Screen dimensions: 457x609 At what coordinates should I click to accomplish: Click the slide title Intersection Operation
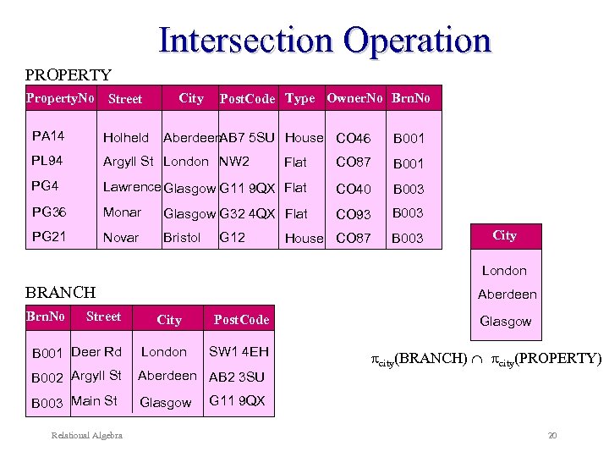pos(325,40)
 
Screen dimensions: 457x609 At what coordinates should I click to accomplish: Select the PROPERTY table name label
pos(69,75)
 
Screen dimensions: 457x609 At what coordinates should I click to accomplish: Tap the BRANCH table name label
pos(61,292)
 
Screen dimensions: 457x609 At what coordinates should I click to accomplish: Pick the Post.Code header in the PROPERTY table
pos(247,99)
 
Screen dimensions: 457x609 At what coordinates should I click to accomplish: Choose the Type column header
pos(299,98)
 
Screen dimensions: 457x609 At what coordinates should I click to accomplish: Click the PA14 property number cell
pos(48,135)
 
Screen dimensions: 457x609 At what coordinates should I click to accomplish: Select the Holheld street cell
pos(125,137)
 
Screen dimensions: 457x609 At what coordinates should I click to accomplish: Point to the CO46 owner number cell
pos(353,138)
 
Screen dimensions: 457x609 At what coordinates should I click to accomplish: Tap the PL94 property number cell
pos(47,161)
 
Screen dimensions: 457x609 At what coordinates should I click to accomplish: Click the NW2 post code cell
pos(234,161)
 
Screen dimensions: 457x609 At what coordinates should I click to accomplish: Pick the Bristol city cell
pos(182,238)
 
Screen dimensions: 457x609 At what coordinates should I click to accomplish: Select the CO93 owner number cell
pos(353,214)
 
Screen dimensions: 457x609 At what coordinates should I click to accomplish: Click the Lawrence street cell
pos(131,187)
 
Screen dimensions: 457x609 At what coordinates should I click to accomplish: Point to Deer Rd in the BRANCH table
pos(96,351)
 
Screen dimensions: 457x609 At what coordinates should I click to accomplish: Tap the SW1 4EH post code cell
pos(239,351)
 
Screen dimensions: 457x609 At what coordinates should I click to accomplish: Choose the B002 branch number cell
pos(48,377)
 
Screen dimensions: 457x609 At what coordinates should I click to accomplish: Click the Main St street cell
pos(95,401)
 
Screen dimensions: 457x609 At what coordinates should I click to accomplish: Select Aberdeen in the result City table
pos(507,295)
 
